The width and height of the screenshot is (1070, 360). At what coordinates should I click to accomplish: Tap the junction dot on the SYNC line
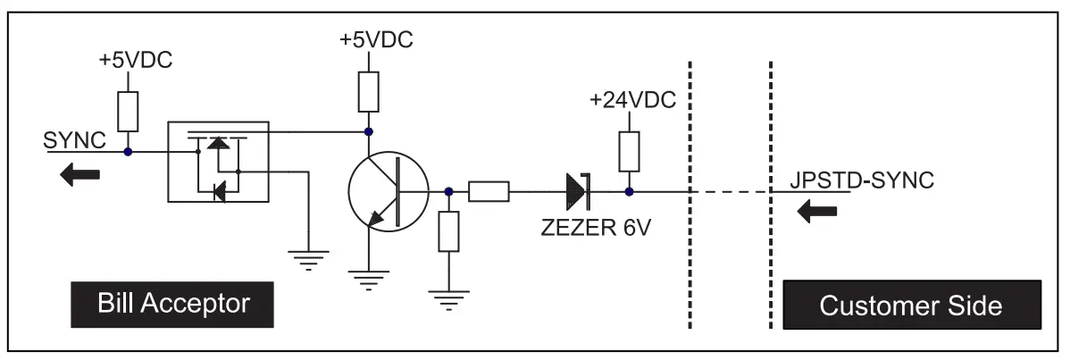point(129,152)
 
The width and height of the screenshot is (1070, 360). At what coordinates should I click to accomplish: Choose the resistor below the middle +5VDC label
point(369,91)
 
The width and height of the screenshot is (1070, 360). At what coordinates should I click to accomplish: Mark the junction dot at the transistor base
point(447,191)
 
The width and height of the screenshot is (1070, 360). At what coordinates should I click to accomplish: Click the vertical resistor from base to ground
point(447,233)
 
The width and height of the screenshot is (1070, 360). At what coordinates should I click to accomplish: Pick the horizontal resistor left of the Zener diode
point(489,191)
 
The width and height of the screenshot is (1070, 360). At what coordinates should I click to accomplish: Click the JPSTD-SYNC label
point(861,179)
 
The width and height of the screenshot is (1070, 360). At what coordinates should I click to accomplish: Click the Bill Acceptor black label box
point(173,305)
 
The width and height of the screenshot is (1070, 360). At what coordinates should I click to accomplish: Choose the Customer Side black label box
point(910,305)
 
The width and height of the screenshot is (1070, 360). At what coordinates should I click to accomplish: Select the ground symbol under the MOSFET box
point(307,258)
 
